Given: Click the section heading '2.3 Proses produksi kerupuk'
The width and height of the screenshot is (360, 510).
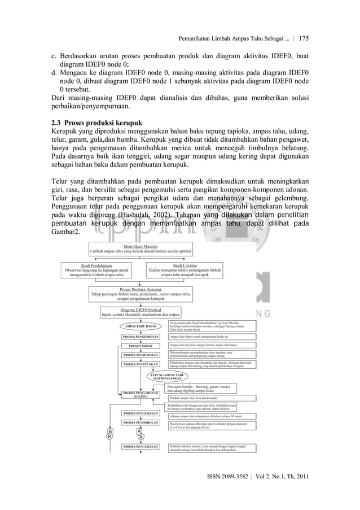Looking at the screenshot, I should tap(95, 123).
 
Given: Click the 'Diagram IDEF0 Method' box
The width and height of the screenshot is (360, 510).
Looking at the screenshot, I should tap(141, 312).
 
